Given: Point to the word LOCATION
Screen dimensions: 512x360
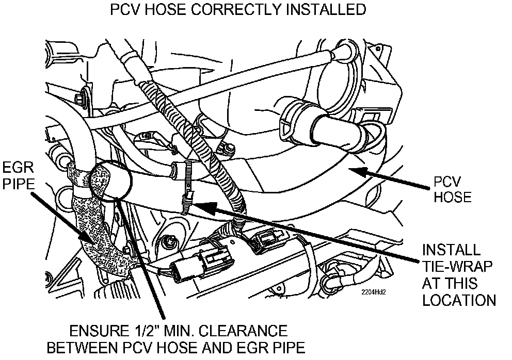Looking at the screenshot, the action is click(x=459, y=300).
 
